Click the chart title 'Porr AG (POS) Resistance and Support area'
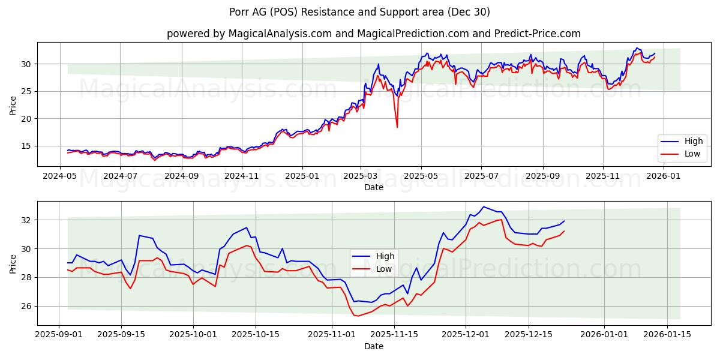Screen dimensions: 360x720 (359, 12)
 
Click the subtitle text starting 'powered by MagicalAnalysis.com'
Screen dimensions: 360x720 (373, 34)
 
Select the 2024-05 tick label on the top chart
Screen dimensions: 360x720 (60, 176)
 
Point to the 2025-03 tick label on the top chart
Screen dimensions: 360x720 (361, 176)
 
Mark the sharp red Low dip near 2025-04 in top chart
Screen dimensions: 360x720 (397, 127)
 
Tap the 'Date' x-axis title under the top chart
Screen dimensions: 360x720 (373, 187)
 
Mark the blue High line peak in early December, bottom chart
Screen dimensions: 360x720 (484, 206)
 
